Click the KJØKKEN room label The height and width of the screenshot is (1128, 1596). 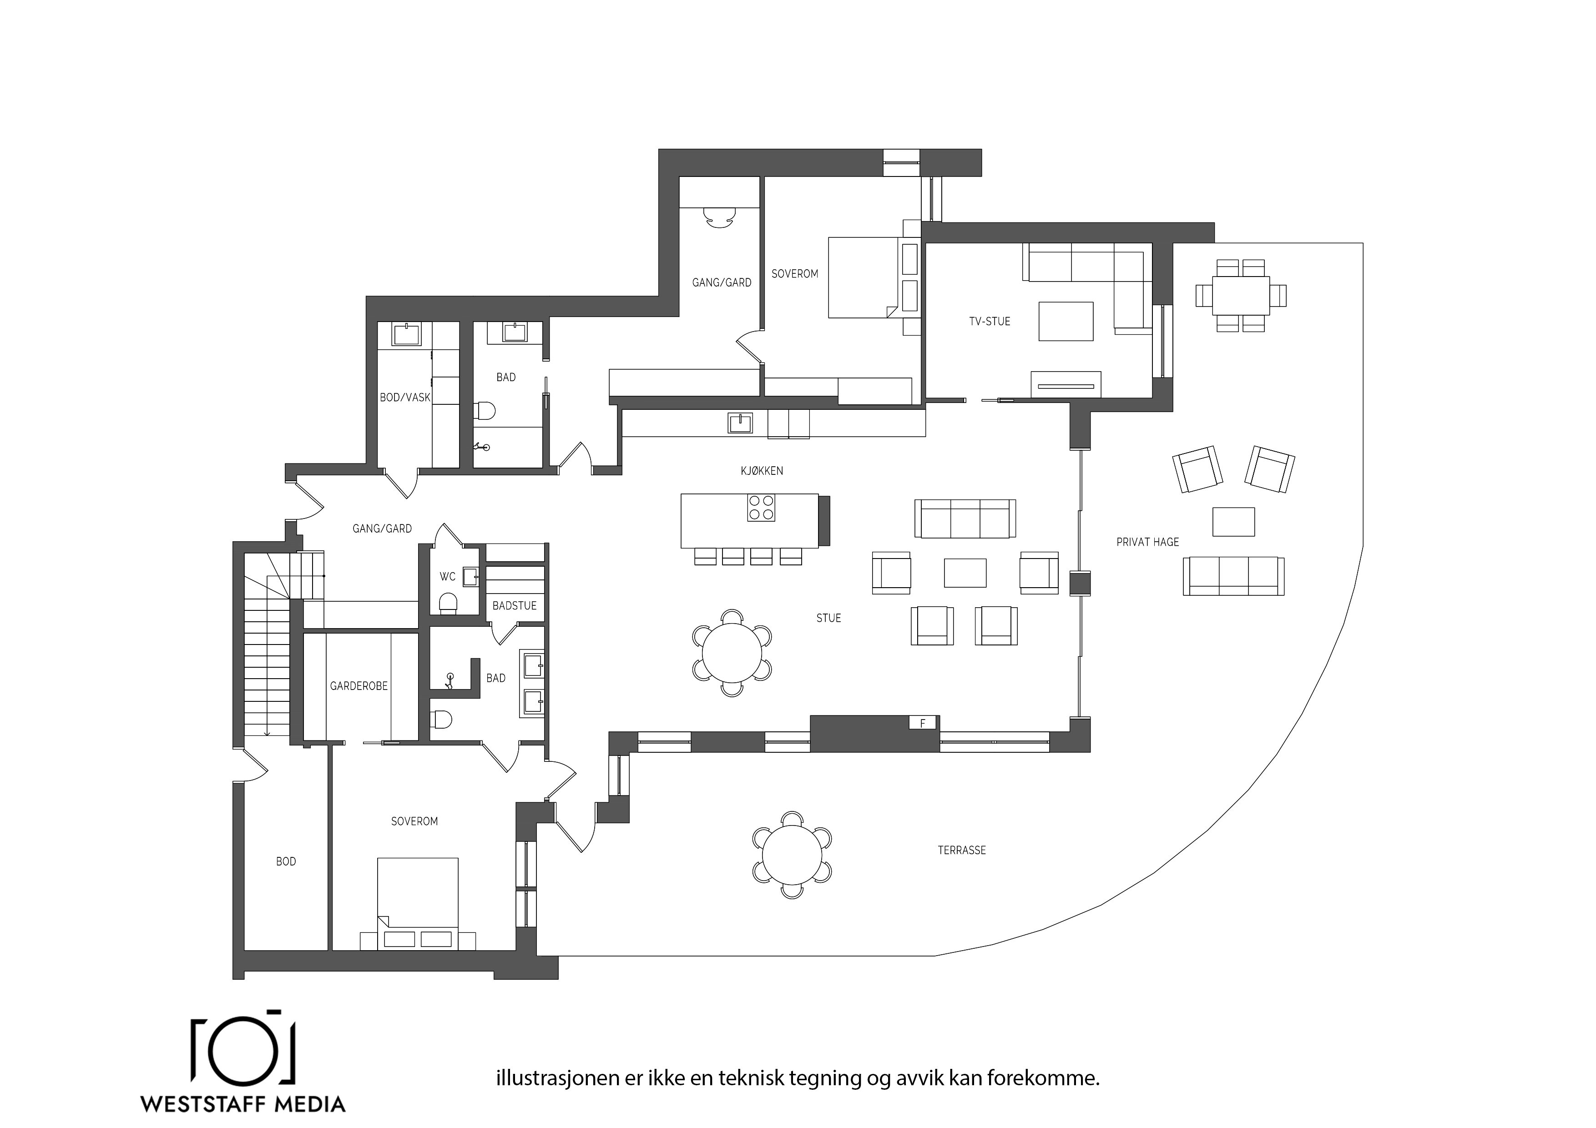762,470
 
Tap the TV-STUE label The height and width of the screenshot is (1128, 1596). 989,321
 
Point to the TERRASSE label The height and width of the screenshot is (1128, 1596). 961,850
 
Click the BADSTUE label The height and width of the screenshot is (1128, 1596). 515,605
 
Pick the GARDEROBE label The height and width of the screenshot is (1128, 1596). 359,686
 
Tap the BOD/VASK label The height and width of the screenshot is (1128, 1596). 405,398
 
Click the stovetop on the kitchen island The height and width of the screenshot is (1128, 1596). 761,507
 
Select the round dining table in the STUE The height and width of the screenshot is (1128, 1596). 732,653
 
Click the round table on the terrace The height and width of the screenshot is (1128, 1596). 792,854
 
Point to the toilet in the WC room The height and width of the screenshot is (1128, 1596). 448,603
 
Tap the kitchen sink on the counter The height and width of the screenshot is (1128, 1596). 740,423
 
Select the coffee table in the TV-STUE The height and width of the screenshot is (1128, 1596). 1066,321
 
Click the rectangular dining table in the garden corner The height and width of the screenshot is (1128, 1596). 1241,295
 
